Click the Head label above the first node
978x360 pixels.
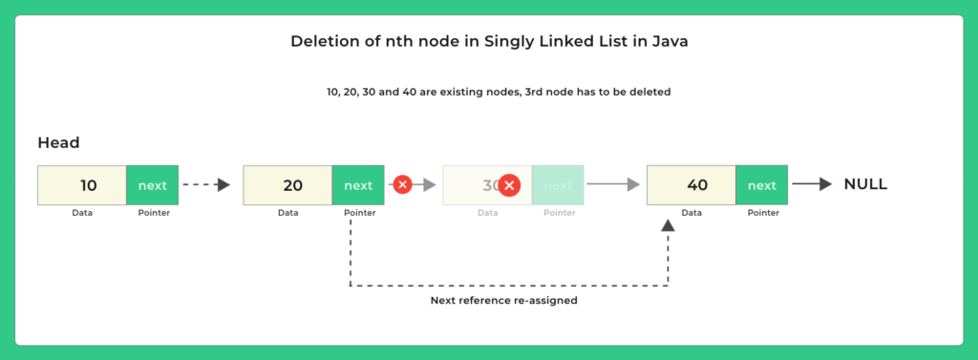click(58, 143)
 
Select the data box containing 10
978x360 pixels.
click(82, 185)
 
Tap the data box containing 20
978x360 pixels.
click(287, 185)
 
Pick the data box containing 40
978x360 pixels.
click(691, 185)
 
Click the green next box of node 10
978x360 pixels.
click(152, 185)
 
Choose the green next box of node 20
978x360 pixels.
click(358, 185)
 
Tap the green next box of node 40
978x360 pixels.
click(761, 185)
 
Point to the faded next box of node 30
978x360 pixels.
click(558, 185)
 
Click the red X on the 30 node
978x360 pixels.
click(510, 185)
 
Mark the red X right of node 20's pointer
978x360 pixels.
click(402, 184)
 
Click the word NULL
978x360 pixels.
click(865, 184)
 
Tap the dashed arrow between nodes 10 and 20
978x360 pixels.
click(206, 185)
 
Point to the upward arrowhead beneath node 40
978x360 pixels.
click(668, 225)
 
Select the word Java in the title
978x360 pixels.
click(666, 43)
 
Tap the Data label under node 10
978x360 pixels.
click(82, 213)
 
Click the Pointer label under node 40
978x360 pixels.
click(761, 213)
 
